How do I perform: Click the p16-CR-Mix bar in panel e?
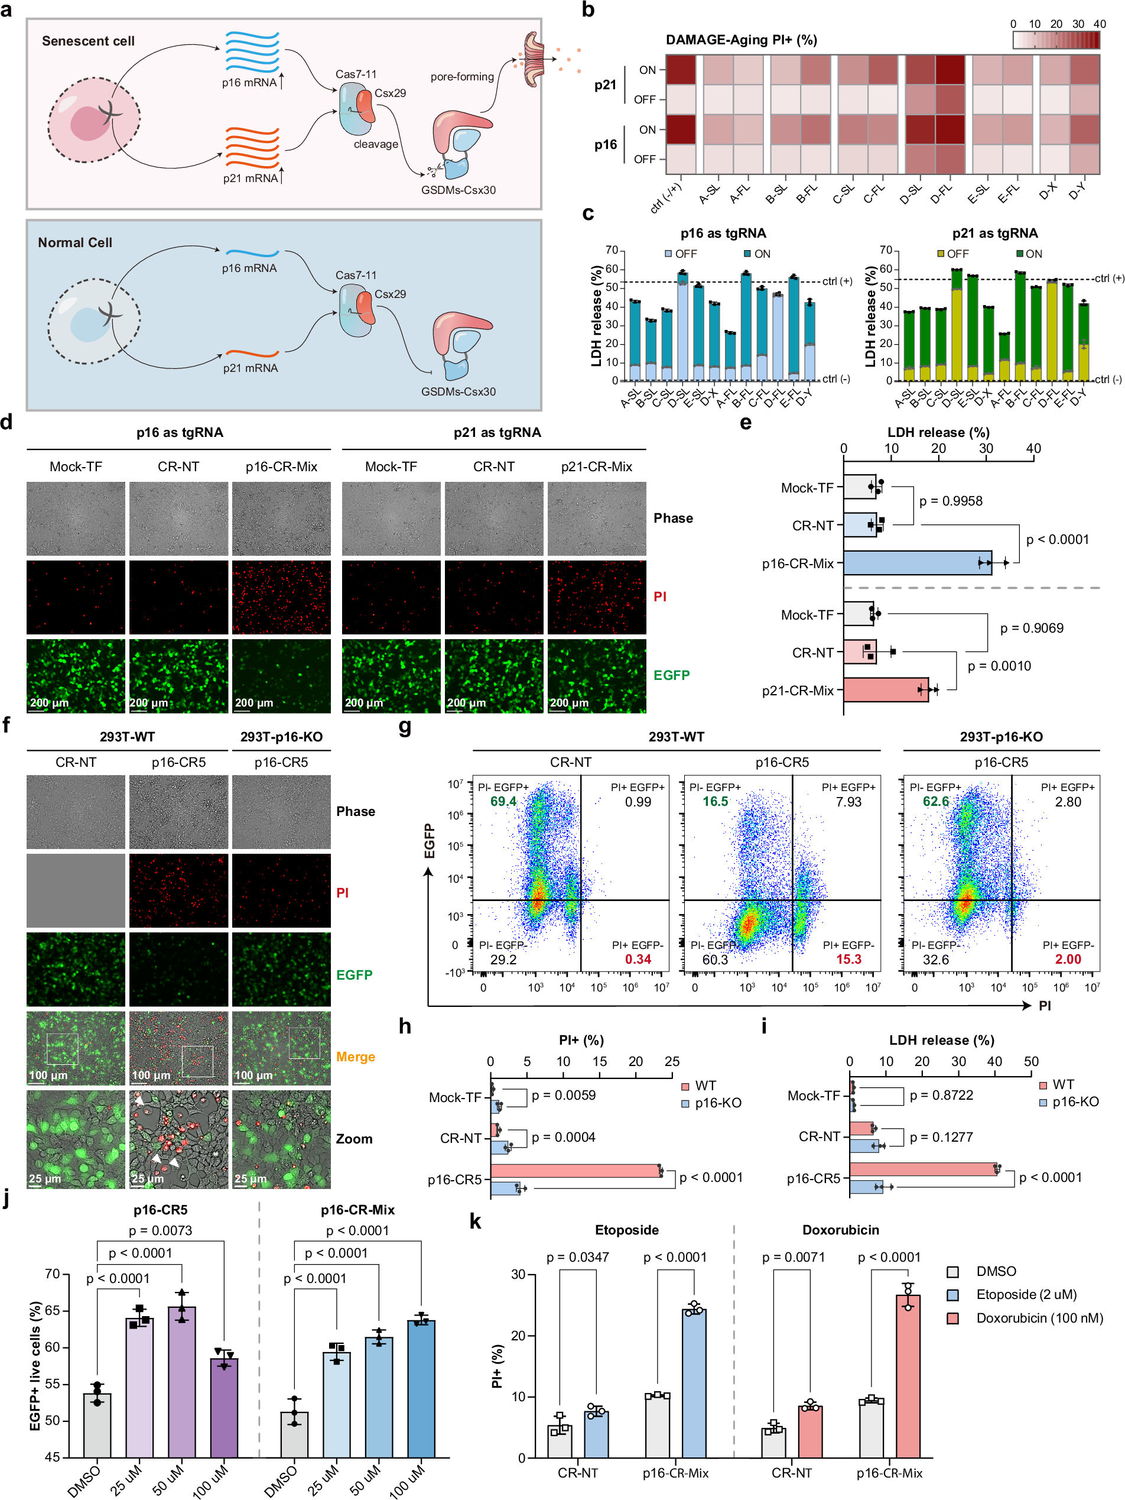pos(916,563)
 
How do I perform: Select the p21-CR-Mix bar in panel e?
pos(885,689)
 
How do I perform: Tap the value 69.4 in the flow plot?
pos(503,802)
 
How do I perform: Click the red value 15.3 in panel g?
pos(848,959)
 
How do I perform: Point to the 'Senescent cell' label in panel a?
pos(88,41)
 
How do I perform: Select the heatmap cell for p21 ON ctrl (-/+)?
pos(681,69)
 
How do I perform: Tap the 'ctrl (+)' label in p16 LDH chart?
pos(837,281)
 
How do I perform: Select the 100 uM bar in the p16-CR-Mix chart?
pos(421,1389)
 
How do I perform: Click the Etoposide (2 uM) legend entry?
pos(1026,1294)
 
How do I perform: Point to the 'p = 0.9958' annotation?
pos(950,501)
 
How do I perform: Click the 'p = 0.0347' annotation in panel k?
pos(577,1257)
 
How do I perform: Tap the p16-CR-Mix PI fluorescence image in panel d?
pos(281,597)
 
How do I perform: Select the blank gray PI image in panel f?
pos(76,890)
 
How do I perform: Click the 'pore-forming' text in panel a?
pos(461,77)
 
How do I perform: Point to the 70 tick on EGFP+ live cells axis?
pos(52,1274)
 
